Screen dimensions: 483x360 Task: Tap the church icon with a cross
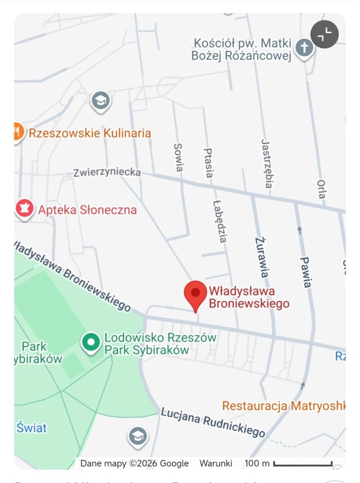(x=304, y=48)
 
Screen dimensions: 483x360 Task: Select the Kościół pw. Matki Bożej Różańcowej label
(x=241, y=50)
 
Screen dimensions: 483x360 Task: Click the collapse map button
(x=324, y=34)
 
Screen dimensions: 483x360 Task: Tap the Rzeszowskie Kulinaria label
(x=90, y=133)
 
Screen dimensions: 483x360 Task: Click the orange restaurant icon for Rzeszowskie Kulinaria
(x=17, y=132)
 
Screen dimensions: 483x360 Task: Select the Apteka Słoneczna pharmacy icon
(x=24, y=208)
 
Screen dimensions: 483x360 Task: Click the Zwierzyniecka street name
(x=107, y=172)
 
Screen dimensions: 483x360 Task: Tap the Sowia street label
(x=178, y=157)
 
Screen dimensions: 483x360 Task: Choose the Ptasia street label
(x=208, y=163)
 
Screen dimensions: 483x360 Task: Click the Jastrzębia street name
(x=267, y=164)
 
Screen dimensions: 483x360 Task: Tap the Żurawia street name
(x=261, y=257)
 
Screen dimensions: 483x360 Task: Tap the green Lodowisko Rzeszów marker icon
(x=91, y=343)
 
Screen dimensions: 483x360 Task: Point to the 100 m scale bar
(x=303, y=463)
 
